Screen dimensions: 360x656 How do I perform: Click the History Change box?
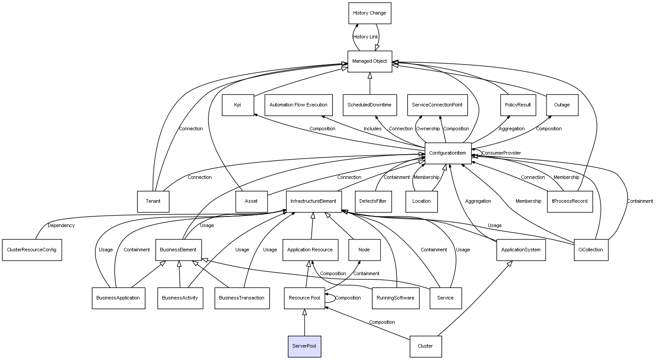(369, 13)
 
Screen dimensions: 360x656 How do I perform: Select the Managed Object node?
(369, 61)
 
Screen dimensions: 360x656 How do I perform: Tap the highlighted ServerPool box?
(304, 346)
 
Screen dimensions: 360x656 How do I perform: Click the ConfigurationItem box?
(448, 153)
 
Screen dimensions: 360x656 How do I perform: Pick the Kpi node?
(238, 105)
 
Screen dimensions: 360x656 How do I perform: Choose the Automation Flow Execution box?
(298, 105)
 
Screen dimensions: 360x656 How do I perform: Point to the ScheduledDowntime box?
(369, 105)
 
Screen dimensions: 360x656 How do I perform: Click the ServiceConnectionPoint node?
(437, 105)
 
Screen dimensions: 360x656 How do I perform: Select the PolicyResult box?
(518, 105)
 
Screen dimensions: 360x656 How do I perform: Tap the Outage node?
(562, 105)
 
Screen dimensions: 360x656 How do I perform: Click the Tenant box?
(153, 201)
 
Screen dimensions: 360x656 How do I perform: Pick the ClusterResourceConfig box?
(32, 250)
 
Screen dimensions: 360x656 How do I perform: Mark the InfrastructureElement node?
(313, 201)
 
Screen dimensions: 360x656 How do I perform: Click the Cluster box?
(425, 346)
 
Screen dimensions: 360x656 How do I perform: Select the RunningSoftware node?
(396, 298)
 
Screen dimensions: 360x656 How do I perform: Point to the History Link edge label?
(366, 37)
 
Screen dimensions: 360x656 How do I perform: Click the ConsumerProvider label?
(501, 153)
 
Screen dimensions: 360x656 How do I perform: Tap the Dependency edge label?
(61, 226)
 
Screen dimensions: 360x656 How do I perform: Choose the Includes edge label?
(373, 129)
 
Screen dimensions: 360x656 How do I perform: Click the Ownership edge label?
(428, 129)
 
